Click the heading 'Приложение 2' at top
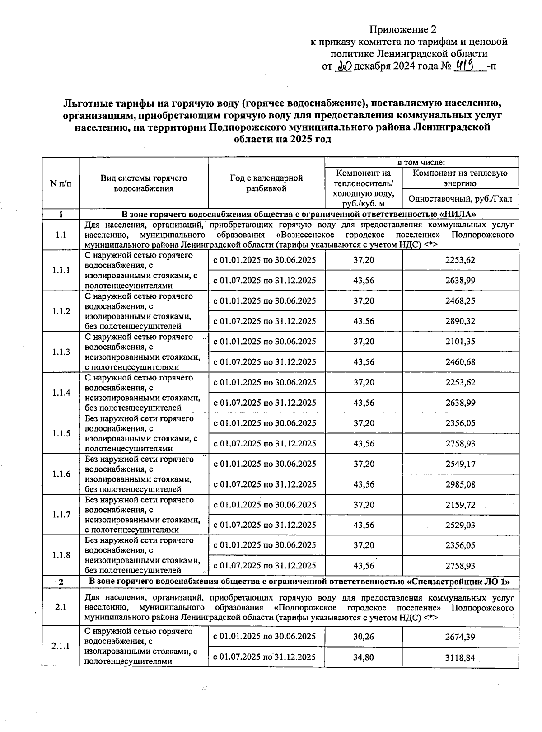click(x=403, y=30)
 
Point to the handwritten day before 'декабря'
click(x=344, y=67)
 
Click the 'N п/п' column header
click(x=61, y=183)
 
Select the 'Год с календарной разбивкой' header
click(x=266, y=183)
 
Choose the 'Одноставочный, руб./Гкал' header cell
click(x=460, y=199)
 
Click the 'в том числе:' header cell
click(x=421, y=162)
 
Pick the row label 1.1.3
click(x=61, y=352)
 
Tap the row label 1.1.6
click(x=61, y=474)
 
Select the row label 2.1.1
click(x=61, y=646)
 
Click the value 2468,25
click(x=460, y=301)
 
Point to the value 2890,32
click(x=460, y=321)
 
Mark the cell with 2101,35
click(x=460, y=342)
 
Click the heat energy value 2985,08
click(x=460, y=484)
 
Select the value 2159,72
click(x=460, y=505)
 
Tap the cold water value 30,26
click(x=363, y=637)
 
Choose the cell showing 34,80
click(x=363, y=657)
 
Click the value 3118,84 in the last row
click(x=460, y=657)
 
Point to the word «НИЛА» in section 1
click(x=458, y=214)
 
